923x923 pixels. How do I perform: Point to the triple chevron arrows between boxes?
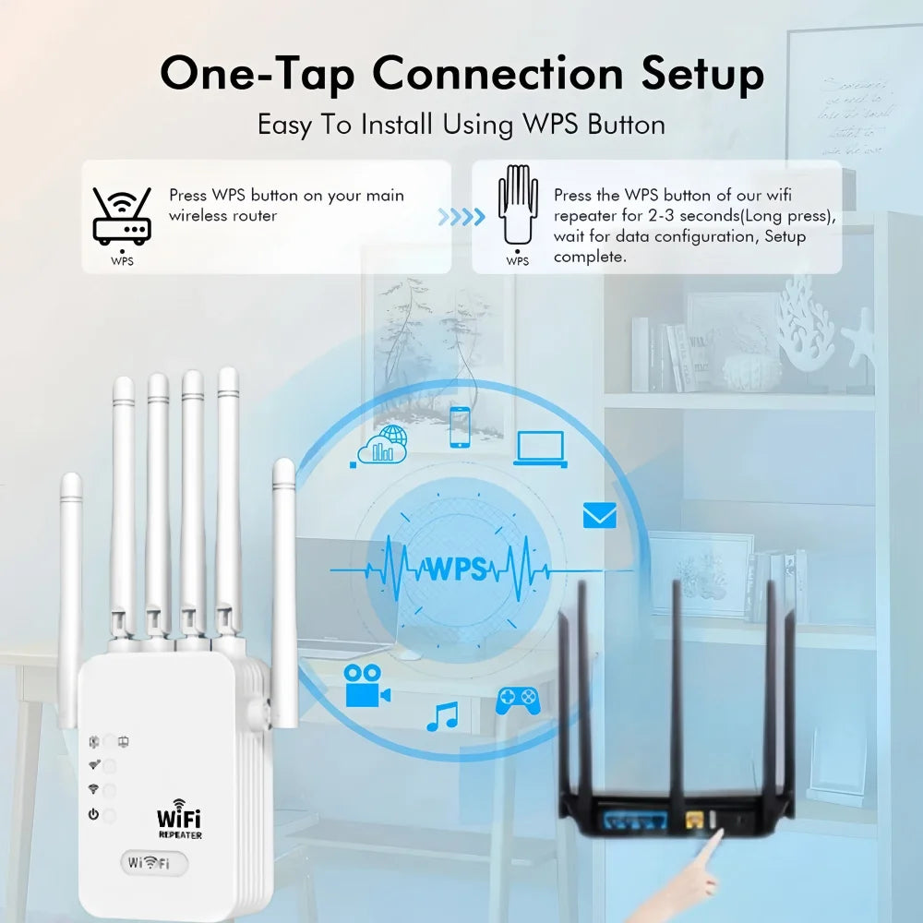461,217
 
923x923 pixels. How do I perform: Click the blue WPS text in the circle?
455,569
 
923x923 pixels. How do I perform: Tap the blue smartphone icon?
460,426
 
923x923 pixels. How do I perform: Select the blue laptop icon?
540,448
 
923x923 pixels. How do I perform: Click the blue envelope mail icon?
599,515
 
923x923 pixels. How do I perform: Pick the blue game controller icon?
518,701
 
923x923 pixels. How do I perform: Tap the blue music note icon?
442,716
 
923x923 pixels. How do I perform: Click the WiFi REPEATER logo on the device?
178,821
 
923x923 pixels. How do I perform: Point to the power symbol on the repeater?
93,814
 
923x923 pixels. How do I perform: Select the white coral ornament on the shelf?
804,322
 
